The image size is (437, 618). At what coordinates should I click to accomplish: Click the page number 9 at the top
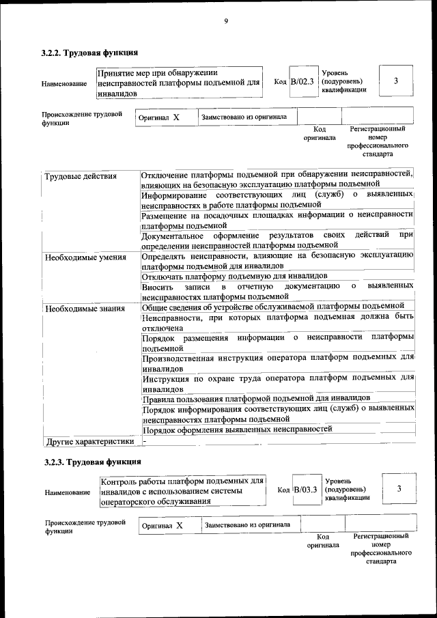pyautogui.click(x=225, y=21)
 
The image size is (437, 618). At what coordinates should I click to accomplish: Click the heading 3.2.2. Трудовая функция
pyautogui.click(x=90, y=53)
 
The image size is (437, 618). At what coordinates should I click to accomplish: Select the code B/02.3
pyautogui.click(x=302, y=82)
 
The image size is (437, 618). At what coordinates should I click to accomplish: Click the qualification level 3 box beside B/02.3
pyautogui.click(x=396, y=82)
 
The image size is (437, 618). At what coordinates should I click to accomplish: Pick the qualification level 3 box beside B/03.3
pyautogui.click(x=399, y=489)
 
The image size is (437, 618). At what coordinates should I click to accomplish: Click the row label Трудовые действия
pyautogui.click(x=81, y=176)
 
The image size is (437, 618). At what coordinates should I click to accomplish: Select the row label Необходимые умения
pyautogui.click(x=85, y=257)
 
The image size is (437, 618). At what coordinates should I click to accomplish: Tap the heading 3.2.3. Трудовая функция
pyautogui.click(x=90, y=462)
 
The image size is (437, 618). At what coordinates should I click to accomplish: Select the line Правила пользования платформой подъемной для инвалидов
pyautogui.click(x=256, y=397)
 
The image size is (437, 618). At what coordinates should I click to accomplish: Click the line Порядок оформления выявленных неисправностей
pyautogui.click(x=237, y=429)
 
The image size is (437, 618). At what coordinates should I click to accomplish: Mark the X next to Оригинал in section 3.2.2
pyautogui.click(x=175, y=117)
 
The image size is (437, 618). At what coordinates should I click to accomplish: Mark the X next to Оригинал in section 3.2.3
pyautogui.click(x=180, y=526)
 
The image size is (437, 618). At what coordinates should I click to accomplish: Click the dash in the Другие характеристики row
pyautogui.click(x=145, y=440)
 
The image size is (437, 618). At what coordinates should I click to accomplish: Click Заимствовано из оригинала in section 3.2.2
pyautogui.click(x=244, y=117)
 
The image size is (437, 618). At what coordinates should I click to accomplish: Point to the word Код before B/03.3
pyautogui.click(x=283, y=491)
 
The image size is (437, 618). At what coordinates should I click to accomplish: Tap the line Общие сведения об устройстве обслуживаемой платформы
pyautogui.click(x=273, y=305)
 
